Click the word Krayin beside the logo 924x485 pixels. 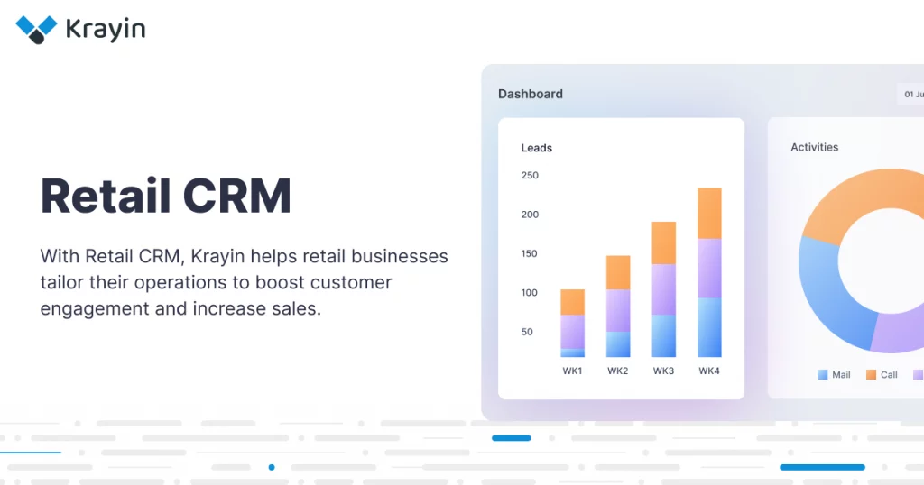click(105, 29)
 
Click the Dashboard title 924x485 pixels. click(530, 94)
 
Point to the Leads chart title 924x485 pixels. click(536, 148)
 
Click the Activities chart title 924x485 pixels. click(814, 147)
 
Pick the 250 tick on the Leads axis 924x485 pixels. click(530, 176)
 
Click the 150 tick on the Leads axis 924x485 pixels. click(530, 253)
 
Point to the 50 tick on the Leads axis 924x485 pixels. click(527, 332)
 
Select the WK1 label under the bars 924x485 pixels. click(572, 371)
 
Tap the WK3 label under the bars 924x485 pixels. click(663, 371)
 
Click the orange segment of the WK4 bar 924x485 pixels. click(709, 213)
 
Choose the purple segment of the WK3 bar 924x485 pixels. click(664, 288)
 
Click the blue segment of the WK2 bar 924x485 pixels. click(618, 343)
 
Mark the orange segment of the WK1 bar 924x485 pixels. click(572, 302)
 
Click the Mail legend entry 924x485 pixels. click(834, 374)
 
